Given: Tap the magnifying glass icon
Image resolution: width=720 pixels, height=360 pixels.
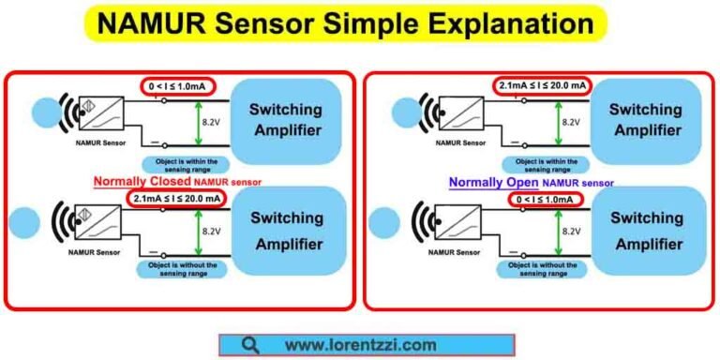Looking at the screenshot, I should [249, 344].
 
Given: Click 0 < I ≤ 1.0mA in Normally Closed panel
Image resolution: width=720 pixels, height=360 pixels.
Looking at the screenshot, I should [179, 87].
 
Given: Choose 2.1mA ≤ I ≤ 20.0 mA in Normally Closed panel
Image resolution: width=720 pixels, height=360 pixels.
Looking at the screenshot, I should [177, 199].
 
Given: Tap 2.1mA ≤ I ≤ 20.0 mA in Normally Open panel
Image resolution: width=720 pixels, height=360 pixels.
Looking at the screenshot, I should [543, 86].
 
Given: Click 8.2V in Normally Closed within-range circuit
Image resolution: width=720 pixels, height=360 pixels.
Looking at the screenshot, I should [215, 121].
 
